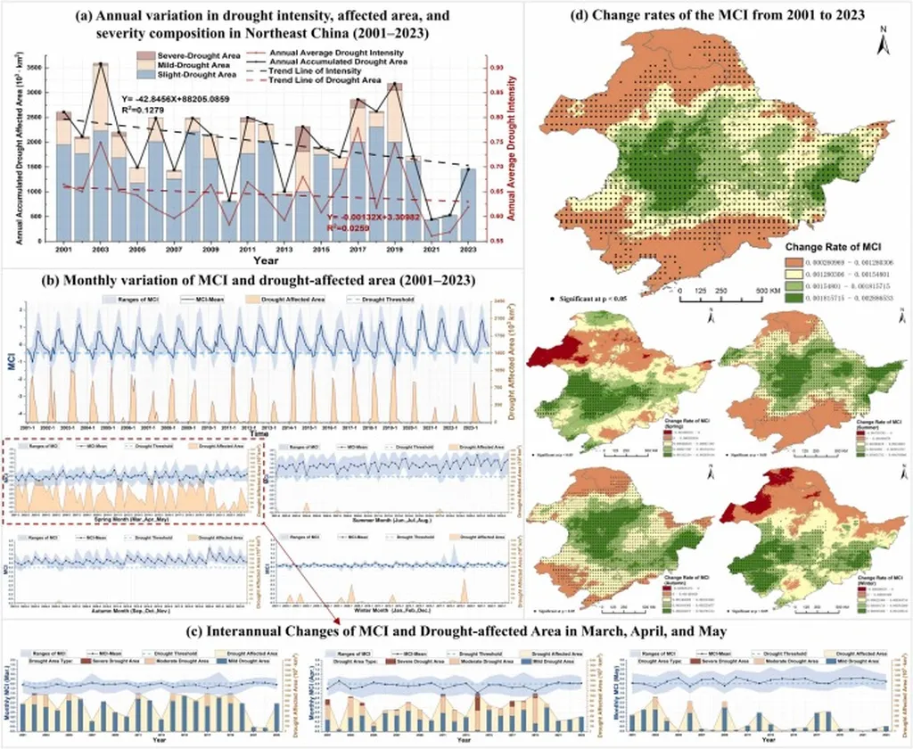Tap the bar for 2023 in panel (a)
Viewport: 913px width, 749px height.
[x=467, y=205]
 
